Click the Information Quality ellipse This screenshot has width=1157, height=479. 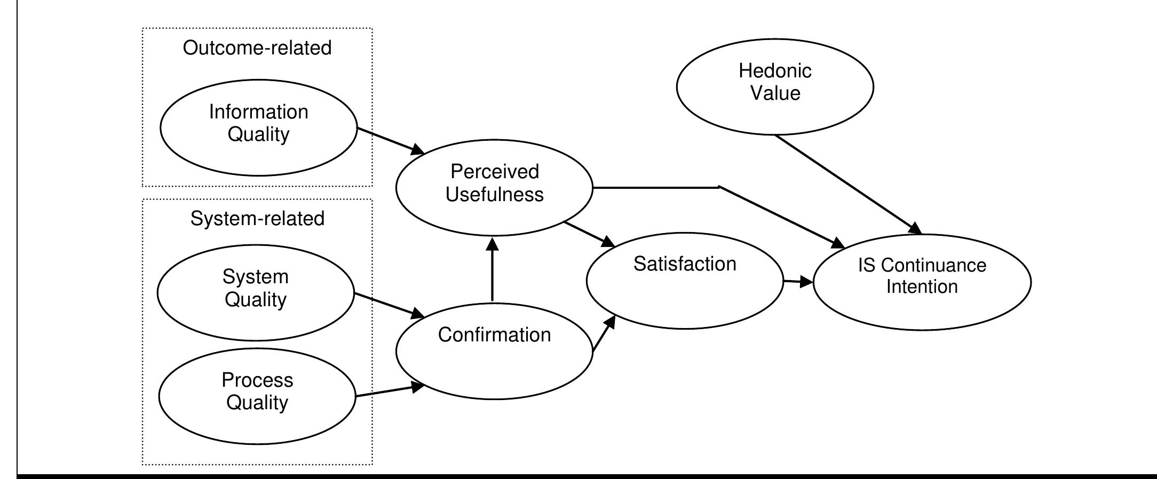(x=258, y=127)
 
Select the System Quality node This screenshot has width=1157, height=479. (x=255, y=292)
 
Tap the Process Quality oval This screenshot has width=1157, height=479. (x=257, y=396)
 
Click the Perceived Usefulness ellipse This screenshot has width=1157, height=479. (x=494, y=187)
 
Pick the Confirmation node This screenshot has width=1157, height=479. (x=494, y=350)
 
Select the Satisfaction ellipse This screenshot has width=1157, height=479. (x=685, y=281)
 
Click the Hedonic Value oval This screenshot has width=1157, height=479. (x=775, y=86)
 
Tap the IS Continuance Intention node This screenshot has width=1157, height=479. (x=922, y=282)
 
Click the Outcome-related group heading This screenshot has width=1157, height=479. (x=257, y=48)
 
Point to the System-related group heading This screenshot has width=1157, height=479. (x=257, y=219)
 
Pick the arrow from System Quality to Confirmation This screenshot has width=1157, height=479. (x=389, y=305)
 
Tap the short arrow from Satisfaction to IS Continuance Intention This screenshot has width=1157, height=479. (x=797, y=282)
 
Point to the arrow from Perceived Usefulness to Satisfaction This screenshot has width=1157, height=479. (x=589, y=234)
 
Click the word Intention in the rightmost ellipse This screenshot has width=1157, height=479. (x=922, y=287)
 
